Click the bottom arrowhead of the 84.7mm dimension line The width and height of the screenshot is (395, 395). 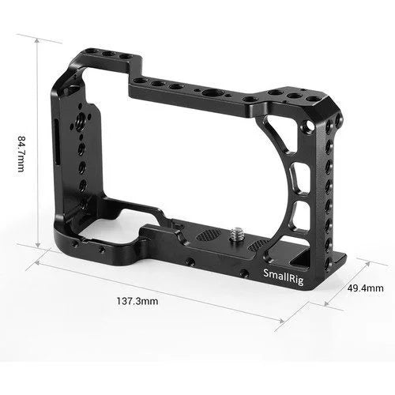tap(37, 247)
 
